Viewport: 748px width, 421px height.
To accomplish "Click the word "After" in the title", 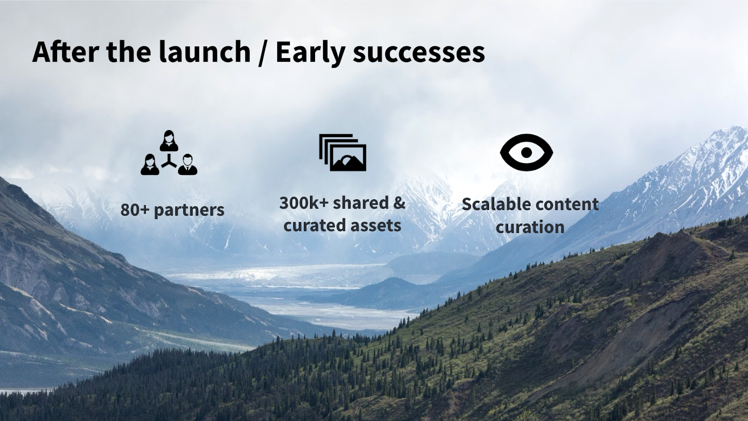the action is point(65,51).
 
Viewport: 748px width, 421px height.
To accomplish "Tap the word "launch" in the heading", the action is point(204,51).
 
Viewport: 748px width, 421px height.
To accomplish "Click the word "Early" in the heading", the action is point(310,53).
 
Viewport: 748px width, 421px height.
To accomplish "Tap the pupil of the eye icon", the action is point(526,152).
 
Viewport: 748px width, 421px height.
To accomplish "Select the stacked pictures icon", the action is point(343,152).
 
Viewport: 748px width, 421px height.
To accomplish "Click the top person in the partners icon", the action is point(169,141).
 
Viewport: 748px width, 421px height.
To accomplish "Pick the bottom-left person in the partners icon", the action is point(150,164).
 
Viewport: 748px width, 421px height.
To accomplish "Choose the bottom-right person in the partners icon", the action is point(187,164).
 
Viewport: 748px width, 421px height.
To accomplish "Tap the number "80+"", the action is point(135,210).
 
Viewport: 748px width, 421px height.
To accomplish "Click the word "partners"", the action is point(189,210).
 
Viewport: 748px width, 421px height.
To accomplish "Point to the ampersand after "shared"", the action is point(399,203).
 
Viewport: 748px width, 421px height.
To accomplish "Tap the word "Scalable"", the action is point(494,204).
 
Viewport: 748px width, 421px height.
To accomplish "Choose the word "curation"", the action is point(530,227).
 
